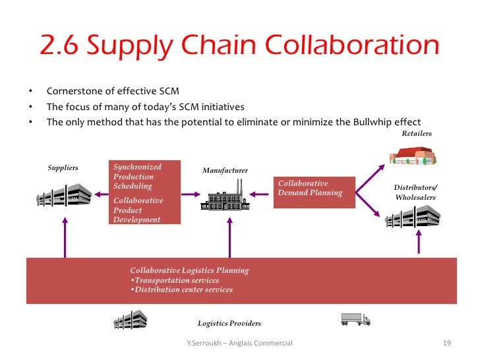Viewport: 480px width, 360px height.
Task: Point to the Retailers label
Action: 416,134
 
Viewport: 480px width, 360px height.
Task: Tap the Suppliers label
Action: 63,168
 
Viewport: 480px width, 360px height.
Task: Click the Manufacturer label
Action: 225,171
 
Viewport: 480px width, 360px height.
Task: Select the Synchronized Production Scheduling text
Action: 137,177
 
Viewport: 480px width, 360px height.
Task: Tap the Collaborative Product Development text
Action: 138,210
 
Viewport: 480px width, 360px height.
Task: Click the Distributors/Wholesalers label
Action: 415,193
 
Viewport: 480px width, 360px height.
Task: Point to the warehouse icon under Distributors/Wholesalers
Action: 412,218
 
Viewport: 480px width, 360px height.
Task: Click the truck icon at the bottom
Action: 355,319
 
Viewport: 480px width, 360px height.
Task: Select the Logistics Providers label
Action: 229,324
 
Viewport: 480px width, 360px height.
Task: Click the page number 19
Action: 446,344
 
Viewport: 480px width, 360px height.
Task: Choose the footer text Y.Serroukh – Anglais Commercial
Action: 240,344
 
